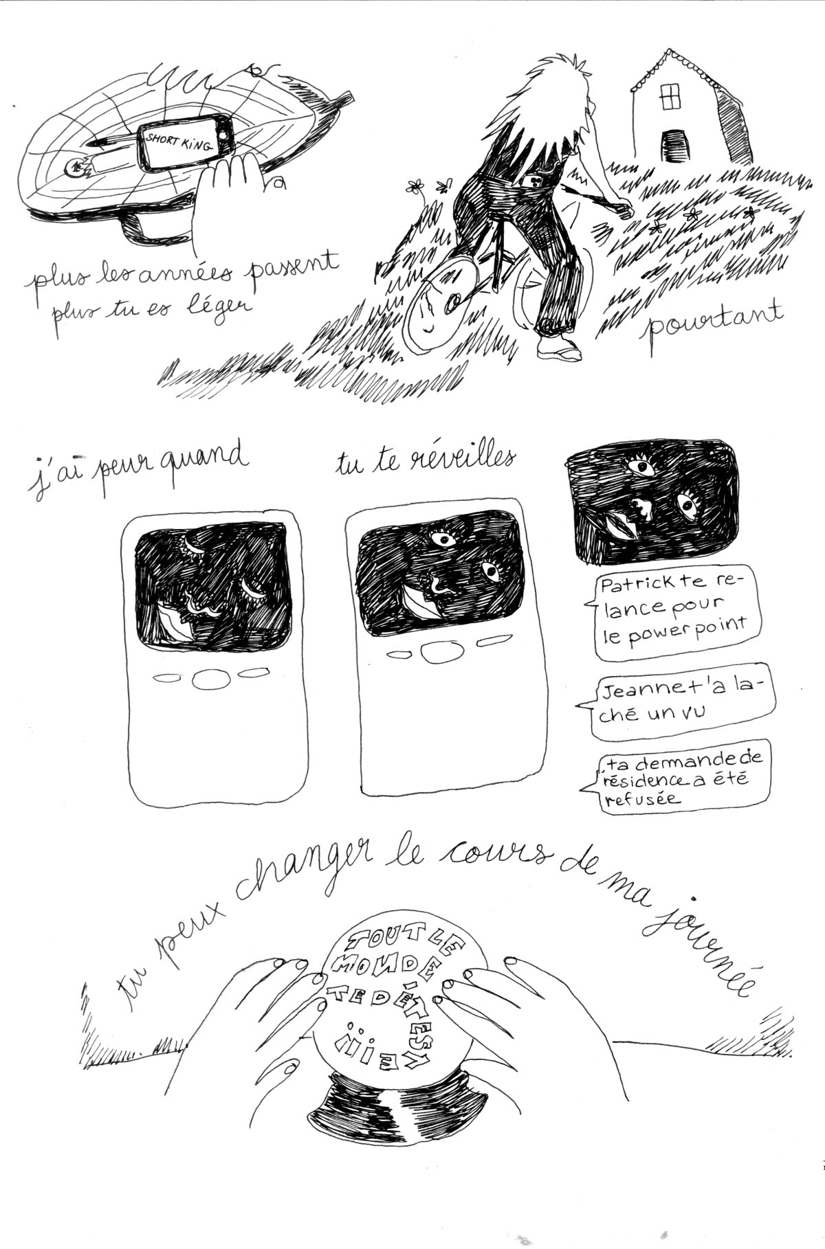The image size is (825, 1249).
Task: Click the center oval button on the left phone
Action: click(205, 679)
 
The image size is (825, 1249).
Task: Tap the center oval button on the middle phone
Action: click(435, 653)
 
